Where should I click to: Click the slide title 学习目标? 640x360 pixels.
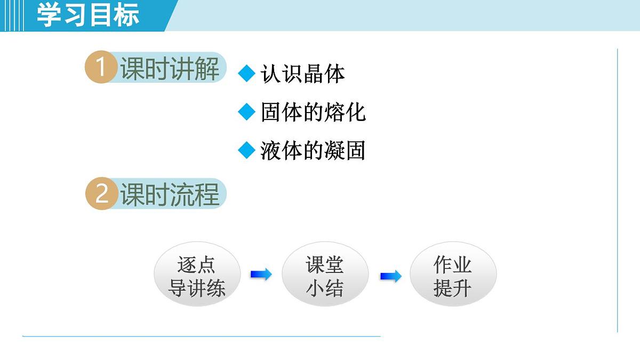coord(88,15)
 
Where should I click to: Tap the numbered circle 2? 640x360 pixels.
coord(101,194)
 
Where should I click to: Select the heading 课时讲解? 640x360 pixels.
coord(170,68)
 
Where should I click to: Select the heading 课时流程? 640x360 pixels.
coord(170,194)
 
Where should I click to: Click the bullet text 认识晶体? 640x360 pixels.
coord(302,74)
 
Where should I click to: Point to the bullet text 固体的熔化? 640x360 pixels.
coord(313,113)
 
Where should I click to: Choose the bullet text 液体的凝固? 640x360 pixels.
coord(313,151)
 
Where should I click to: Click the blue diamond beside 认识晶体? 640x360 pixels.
coord(246,74)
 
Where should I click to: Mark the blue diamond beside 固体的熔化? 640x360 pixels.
coord(246,112)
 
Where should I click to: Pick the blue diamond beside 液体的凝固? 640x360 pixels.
coord(246,150)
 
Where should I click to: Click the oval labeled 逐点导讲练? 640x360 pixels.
coord(197,277)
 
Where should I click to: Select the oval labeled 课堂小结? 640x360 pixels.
coord(325,277)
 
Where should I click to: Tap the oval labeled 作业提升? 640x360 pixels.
coord(453,277)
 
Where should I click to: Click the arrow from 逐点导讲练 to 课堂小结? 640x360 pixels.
coord(261,275)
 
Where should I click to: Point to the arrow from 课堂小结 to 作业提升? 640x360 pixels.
coord(390,276)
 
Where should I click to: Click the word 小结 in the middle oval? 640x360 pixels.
coord(325,289)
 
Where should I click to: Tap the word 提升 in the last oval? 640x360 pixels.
coord(452,289)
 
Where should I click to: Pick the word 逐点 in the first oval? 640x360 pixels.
coord(196,265)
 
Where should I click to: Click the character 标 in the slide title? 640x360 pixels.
coord(126,15)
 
